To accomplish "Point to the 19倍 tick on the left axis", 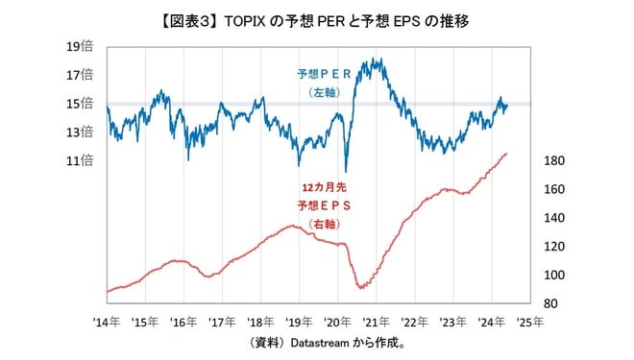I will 80,46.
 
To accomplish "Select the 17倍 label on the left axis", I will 80,75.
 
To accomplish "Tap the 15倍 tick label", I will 80,103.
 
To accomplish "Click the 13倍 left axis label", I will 80,132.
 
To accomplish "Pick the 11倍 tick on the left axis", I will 80,160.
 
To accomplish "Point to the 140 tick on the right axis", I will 553,218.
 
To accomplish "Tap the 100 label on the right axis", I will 553,276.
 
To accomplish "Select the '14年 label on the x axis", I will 106,323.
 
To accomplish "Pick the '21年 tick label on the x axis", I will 376,323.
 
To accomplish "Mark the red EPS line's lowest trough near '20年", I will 361,287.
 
